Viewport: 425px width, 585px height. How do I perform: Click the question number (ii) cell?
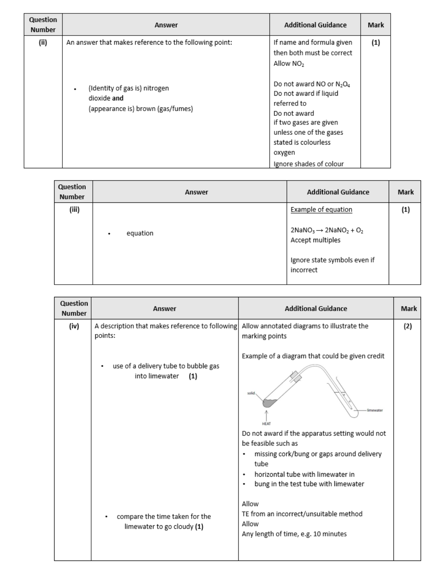tap(43, 43)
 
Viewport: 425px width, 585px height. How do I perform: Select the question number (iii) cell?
tap(74, 210)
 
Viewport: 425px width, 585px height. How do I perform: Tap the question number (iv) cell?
tap(74, 326)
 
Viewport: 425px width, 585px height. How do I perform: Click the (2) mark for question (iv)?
tap(407, 326)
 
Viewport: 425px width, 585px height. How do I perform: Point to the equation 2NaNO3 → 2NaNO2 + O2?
tap(327, 230)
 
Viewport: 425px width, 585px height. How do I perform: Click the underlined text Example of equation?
tap(321, 209)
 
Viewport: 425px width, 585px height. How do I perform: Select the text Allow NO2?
tap(289, 63)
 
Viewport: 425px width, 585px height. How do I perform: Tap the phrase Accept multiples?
tap(315, 240)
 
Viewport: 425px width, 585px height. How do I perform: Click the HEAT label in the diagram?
tap(266, 423)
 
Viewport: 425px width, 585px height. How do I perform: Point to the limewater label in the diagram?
tap(374, 410)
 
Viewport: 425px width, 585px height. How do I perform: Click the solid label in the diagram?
tap(251, 393)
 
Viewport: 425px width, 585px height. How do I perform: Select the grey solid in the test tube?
tap(269, 403)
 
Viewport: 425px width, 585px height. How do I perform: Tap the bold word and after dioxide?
tap(118, 98)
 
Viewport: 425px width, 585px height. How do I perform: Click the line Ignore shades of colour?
tap(308, 164)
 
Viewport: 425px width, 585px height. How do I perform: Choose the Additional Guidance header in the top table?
tap(315, 25)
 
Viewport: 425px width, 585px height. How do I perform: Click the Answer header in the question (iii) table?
tap(196, 192)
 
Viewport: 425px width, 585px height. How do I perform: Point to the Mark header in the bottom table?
tap(408, 309)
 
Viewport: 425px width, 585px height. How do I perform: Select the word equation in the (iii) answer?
tap(140, 233)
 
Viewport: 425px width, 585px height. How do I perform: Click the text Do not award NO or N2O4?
tap(312, 84)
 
